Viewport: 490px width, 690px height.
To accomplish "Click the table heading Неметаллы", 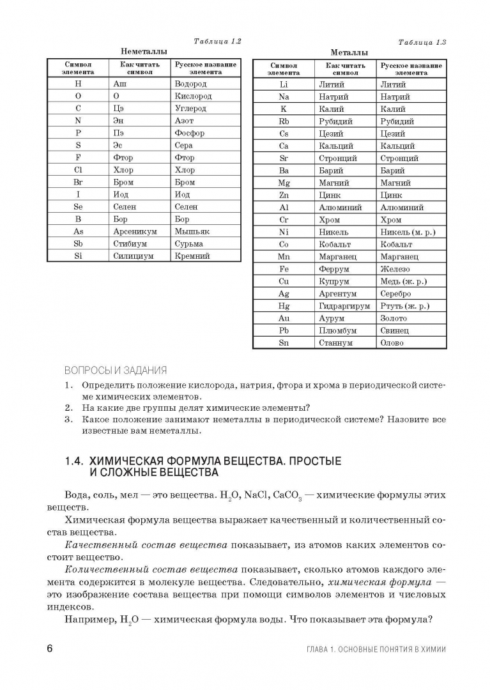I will pyautogui.click(x=144, y=51).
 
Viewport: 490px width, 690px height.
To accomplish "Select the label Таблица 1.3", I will pyautogui.click(x=422, y=42).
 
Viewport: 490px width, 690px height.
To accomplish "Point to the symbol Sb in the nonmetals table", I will pyautogui.click(x=78, y=243).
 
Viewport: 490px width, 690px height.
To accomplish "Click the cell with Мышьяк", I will pyautogui.click(x=192, y=231).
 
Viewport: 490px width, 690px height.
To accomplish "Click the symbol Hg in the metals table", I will pyautogui.click(x=284, y=306).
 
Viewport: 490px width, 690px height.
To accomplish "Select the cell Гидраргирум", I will pyautogui.click(x=344, y=306).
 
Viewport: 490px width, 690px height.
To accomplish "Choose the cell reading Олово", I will pyautogui.click(x=392, y=343).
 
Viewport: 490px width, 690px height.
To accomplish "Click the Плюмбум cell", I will pyautogui.click(x=337, y=330).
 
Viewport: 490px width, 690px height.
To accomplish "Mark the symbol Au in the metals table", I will pyautogui.click(x=284, y=318).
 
